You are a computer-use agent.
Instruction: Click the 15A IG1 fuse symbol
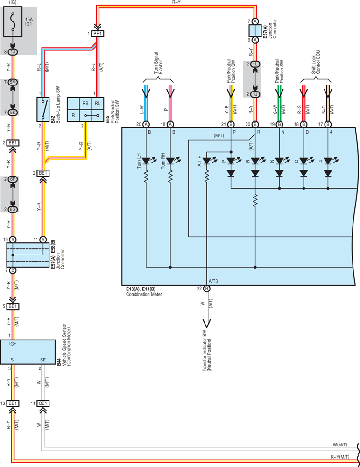(13, 22)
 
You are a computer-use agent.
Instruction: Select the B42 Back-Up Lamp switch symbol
(43, 109)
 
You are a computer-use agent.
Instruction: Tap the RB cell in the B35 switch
(85, 103)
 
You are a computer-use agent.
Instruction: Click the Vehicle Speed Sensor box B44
(28, 352)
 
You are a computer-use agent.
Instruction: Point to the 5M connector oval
(13, 82)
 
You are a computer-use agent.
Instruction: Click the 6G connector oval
(13, 209)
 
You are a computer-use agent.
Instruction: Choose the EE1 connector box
(13, 143)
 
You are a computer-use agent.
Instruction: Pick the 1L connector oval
(255, 64)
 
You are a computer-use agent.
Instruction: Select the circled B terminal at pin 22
(207, 288)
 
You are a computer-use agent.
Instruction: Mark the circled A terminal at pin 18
(170, 124)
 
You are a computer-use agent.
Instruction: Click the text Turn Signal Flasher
(158, 64)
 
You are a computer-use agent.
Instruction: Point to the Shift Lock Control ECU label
(316, 62)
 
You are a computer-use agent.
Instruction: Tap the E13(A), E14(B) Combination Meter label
(144, 291)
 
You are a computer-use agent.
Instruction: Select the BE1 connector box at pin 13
(13, 403)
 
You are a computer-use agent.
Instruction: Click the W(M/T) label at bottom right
(340, 445)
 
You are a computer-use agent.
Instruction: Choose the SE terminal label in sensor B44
(43, 360)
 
